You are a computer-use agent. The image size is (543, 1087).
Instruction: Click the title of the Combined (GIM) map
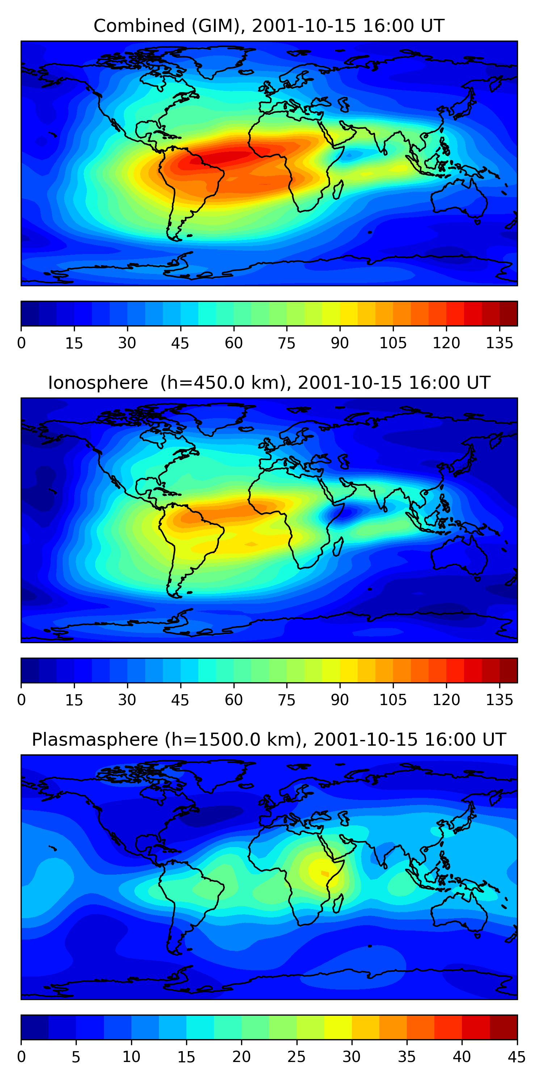[x=269, y=26]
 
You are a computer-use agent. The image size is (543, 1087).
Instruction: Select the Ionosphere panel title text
[x=269, y=383]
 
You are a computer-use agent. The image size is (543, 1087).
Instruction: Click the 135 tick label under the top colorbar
[x=500, y=343]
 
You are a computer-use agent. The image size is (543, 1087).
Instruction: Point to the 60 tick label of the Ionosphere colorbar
[x=233, y=700]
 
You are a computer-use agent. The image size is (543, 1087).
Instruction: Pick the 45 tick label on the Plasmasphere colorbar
[x=517, y=1057]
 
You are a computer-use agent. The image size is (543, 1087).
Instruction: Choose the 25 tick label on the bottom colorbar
[x=296, y=1057]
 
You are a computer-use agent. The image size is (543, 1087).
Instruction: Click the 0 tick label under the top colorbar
[x=21, y=343]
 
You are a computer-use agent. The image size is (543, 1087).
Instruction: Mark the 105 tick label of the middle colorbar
[x=393, y=700]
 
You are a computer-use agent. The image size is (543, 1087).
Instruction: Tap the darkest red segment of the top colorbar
[x=509, y=313]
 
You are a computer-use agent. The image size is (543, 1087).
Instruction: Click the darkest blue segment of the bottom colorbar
[x=34, y=1027]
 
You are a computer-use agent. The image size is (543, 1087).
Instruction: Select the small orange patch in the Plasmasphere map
[x=325, y=873]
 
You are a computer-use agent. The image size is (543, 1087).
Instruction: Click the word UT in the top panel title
[x=433, y=26]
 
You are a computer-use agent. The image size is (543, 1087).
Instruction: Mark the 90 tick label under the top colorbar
[x=340, y=343]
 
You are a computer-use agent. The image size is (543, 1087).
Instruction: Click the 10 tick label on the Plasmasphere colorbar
[x=131, y=1057]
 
